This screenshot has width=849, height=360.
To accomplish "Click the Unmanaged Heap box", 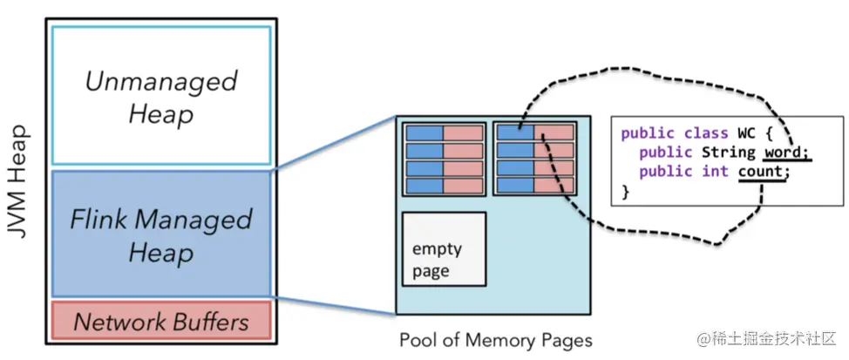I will coord(161,96).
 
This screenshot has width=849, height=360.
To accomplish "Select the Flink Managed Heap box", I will coord(161,234).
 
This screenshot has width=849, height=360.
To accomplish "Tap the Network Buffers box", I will coord(161,322).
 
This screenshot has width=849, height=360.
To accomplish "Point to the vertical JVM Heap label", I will coord(20,184).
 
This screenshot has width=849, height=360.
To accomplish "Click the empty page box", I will coord(443,248).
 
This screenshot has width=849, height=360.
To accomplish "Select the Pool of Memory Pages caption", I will coord(495,339).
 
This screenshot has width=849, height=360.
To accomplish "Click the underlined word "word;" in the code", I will coord(787,153).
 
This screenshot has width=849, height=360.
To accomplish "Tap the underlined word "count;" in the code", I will coord(763,172).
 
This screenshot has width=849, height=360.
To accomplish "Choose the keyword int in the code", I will coord(716,172).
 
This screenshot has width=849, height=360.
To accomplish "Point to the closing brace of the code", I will coord(625,191).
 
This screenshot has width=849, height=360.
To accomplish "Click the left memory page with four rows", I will coord(444,159).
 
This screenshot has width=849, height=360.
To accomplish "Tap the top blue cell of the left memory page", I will coord(424,132).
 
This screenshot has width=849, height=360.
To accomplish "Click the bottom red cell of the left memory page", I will coord(464,186).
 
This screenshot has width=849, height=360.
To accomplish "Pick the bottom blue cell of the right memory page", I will coord(515,186).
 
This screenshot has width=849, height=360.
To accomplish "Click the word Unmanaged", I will coord(161,82).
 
